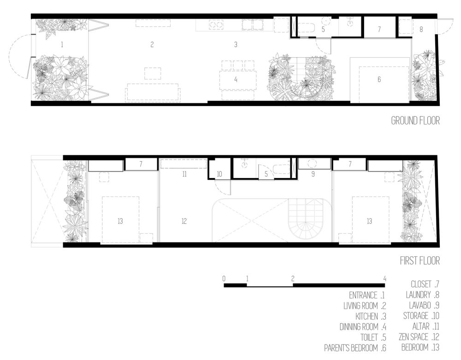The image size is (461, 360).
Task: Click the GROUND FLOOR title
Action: (415, 120)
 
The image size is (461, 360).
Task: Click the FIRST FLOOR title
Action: (420, 261)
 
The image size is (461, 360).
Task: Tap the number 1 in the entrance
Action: (62, 45)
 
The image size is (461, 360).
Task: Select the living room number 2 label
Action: (152, 45)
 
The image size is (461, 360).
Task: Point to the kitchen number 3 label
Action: (236, 45)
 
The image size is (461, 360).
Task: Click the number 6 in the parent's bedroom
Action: (379, 79)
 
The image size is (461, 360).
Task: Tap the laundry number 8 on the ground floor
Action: (421, 30)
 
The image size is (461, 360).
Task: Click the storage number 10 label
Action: (219, 174)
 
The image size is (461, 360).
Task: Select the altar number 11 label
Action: (184, 174)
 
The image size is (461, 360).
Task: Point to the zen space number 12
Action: (184, 221)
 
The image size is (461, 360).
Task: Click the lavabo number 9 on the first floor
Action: (313, 174)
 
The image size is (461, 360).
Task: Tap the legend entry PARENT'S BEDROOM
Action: (351, 348)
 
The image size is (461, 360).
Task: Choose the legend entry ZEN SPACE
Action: (414, 337)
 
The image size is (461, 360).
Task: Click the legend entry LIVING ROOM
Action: (361, 306)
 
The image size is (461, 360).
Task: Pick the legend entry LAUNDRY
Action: (418, 295)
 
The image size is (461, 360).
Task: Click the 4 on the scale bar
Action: (384, 278)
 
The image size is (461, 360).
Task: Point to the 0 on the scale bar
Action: (224, 278)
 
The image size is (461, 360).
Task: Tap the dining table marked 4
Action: (238, 80)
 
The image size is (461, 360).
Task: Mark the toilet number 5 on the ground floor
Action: (323, 30)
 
